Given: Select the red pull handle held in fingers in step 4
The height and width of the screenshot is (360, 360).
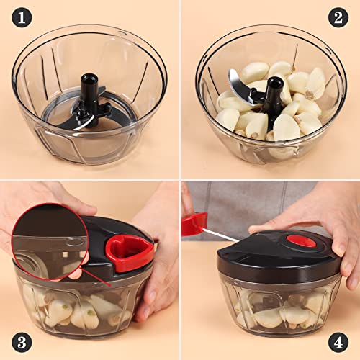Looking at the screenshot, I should click(193, 223).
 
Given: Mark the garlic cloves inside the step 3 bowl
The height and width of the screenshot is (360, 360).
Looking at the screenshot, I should click(79, 310).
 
